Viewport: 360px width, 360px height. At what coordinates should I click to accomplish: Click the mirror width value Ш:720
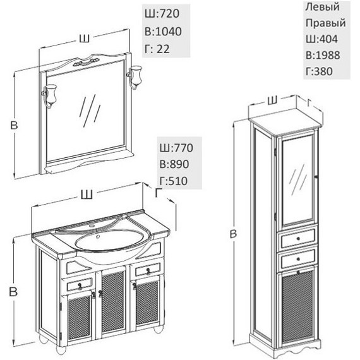[x=162, y=13]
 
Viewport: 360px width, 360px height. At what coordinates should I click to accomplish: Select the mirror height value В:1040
[x=163, y=31]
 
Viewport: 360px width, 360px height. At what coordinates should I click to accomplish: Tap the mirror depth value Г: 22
[x=157, y=49]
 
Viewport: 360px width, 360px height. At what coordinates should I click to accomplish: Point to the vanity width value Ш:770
[x=176, y=148]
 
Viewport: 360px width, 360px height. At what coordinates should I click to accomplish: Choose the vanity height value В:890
[x=174, y=164]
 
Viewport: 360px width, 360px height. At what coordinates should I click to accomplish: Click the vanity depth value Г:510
[x=174, y=181]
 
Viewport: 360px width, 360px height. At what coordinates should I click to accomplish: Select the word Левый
[x=322, y=7]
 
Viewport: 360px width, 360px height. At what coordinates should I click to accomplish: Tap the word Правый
[x=325, y=23]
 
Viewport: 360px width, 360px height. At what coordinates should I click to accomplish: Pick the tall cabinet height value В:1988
[x=323, y=55]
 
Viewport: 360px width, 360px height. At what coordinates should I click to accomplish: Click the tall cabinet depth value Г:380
[x=319, y=71]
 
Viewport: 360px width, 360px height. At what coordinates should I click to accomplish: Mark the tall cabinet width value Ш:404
[x=321, y=39]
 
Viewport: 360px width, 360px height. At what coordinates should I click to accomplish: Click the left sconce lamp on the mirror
[x=50, y=95]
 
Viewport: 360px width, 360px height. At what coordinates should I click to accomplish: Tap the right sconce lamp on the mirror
[x=135, y=77]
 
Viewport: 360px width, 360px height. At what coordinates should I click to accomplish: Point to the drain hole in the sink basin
[x=99, y=236]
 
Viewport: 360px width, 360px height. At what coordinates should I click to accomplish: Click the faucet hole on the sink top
[x=92, y=226]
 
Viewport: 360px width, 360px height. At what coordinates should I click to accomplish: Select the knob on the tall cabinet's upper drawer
[x=298, y=239]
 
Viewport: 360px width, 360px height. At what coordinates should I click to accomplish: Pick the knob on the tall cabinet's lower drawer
[x=298, y=259]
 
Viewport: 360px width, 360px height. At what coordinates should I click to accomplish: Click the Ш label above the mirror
[x=84, y=39]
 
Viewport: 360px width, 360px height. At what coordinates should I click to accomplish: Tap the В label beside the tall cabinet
[x=233, y=234]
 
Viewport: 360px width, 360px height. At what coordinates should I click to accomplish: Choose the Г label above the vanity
[x=159, y=193]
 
